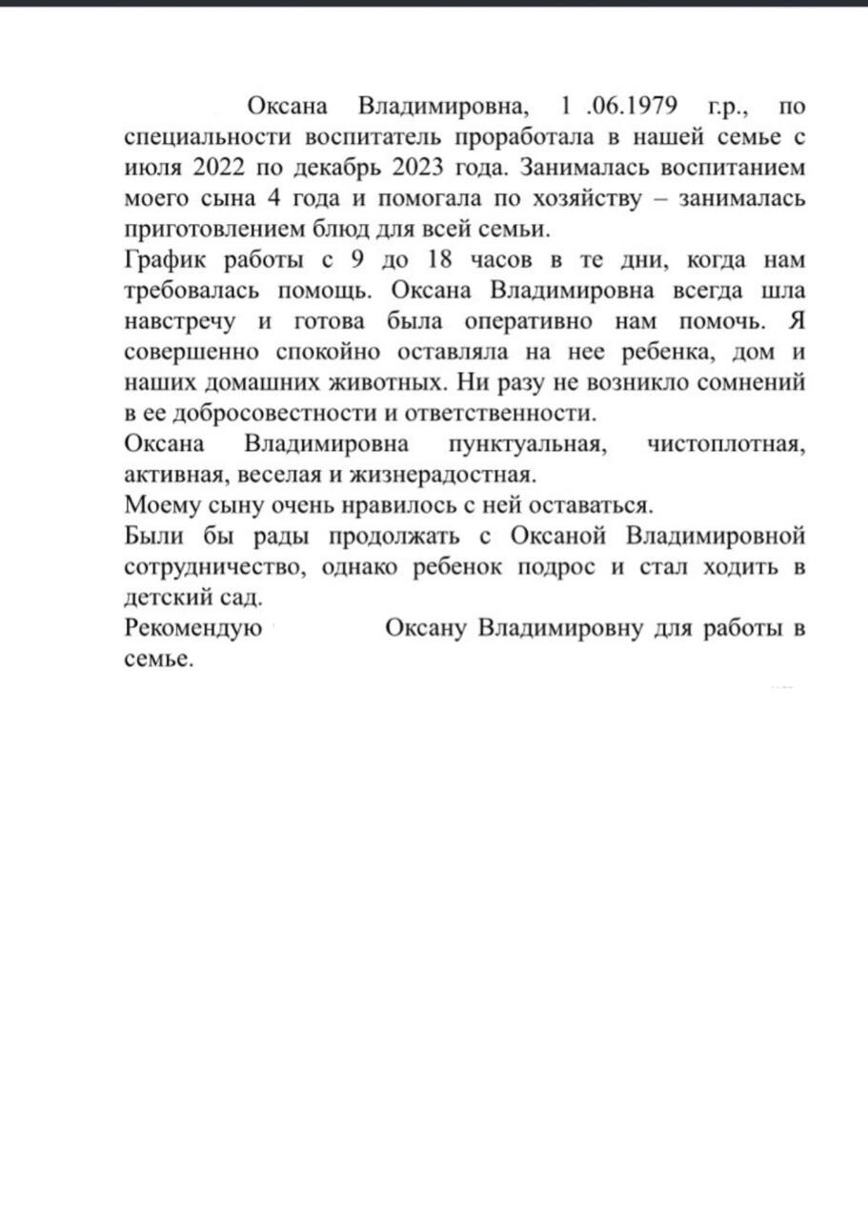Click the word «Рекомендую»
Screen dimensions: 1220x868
193,630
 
